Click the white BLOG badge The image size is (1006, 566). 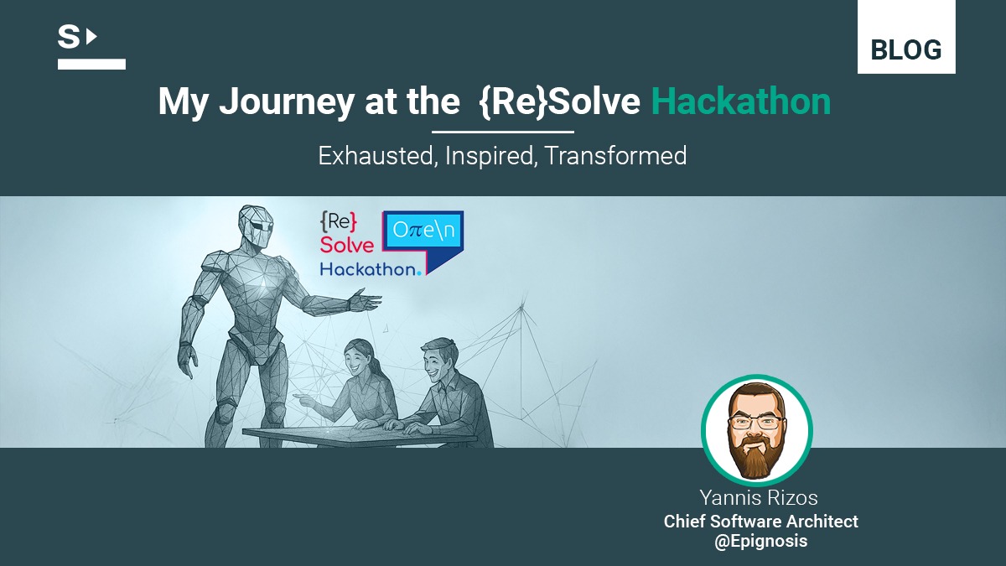pos(906,37)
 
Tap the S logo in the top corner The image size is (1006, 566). pos(91,48)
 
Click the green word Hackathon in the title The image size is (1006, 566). pos(741,101)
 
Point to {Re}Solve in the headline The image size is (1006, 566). pos(560,102)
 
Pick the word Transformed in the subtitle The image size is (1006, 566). pos(615,156)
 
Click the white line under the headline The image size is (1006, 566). pos(503,132)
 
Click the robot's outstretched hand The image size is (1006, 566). pos(365,300)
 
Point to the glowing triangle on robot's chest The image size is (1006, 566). pos(262,281)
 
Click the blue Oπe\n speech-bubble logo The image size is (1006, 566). pos(423,241)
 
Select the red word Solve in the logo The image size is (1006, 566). pos(347,245)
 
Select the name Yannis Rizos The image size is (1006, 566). pos(759,498)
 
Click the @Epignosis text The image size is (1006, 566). pos(761,542)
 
